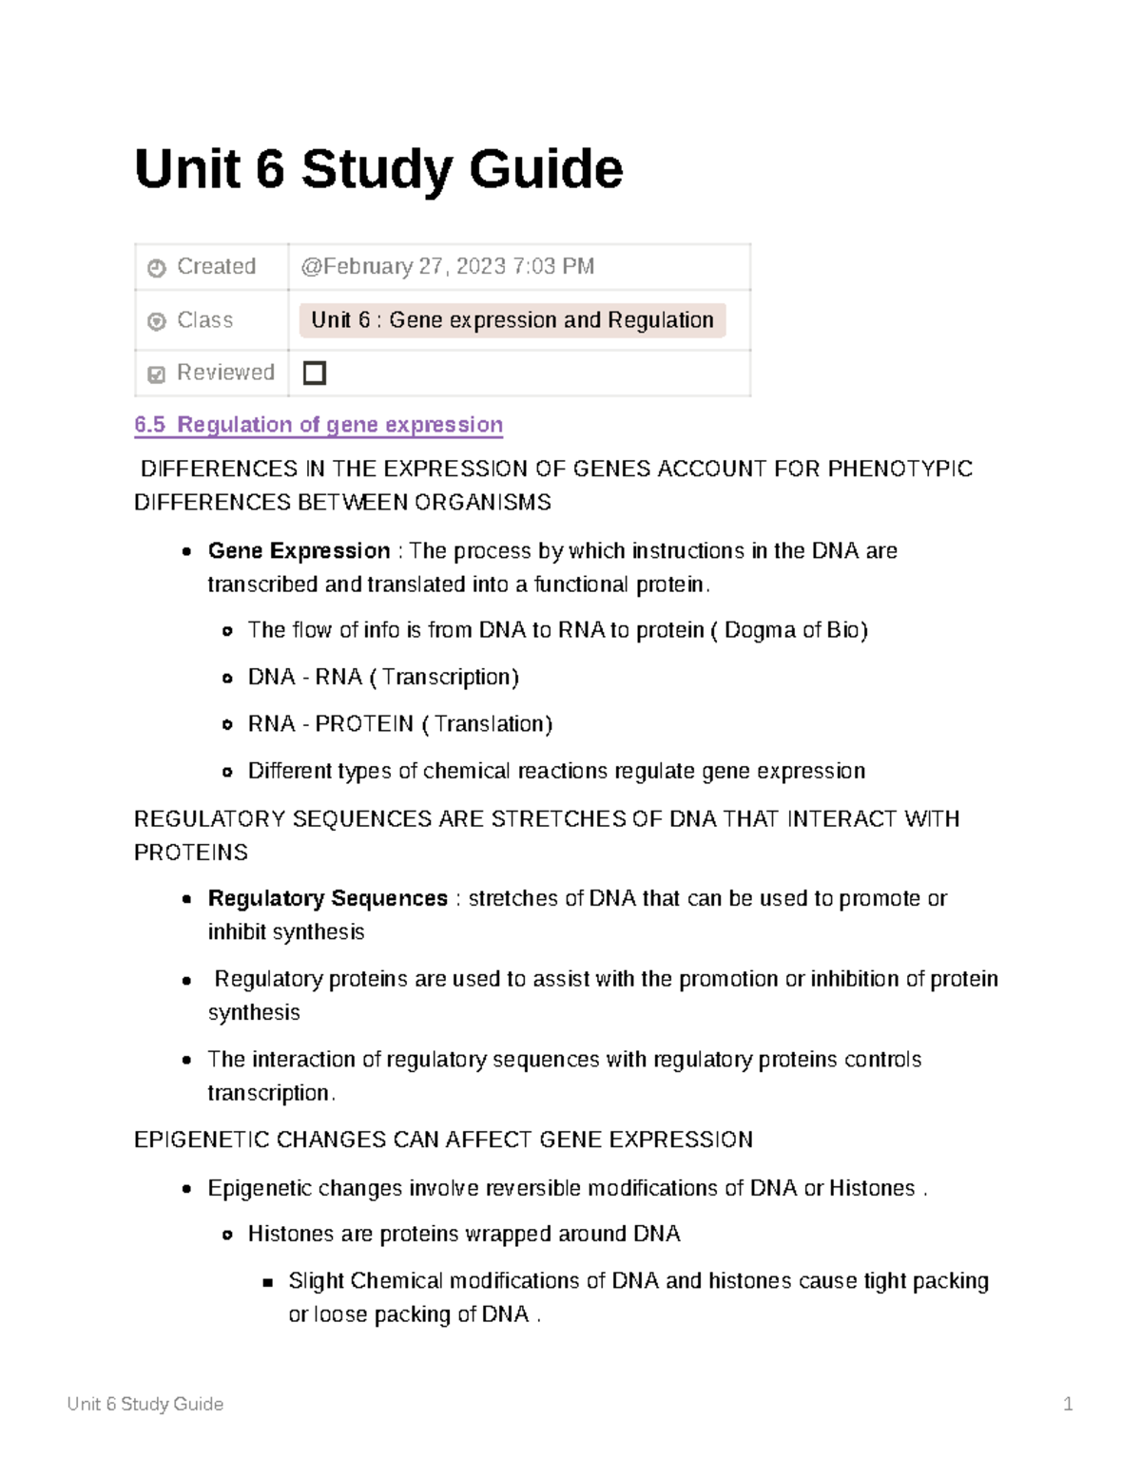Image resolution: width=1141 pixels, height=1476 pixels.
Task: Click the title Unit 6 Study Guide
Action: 378,169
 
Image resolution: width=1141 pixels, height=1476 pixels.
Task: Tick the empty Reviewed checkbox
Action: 314,373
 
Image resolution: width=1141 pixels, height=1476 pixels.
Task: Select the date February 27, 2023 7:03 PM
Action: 448,267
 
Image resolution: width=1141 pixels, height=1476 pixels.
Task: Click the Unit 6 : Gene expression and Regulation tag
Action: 512,320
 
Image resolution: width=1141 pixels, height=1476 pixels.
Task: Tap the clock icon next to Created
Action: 157,268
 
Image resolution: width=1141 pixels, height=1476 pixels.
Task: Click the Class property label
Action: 204,320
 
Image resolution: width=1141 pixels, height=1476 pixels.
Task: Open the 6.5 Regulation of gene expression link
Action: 319,425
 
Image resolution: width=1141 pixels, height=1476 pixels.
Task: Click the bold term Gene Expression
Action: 299,551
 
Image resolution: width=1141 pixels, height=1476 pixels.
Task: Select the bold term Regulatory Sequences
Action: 327,899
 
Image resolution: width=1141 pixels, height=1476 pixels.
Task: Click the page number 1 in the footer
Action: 1068,1404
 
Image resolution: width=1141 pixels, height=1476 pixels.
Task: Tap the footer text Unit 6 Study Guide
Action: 145,1404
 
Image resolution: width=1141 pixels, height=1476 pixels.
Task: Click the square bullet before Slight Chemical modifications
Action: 268,1282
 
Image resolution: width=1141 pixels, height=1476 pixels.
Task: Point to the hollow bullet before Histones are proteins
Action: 227,1236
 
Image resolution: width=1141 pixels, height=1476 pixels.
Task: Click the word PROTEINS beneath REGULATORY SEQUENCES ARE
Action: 191,853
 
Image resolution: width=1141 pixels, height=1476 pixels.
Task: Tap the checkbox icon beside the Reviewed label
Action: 157,374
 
